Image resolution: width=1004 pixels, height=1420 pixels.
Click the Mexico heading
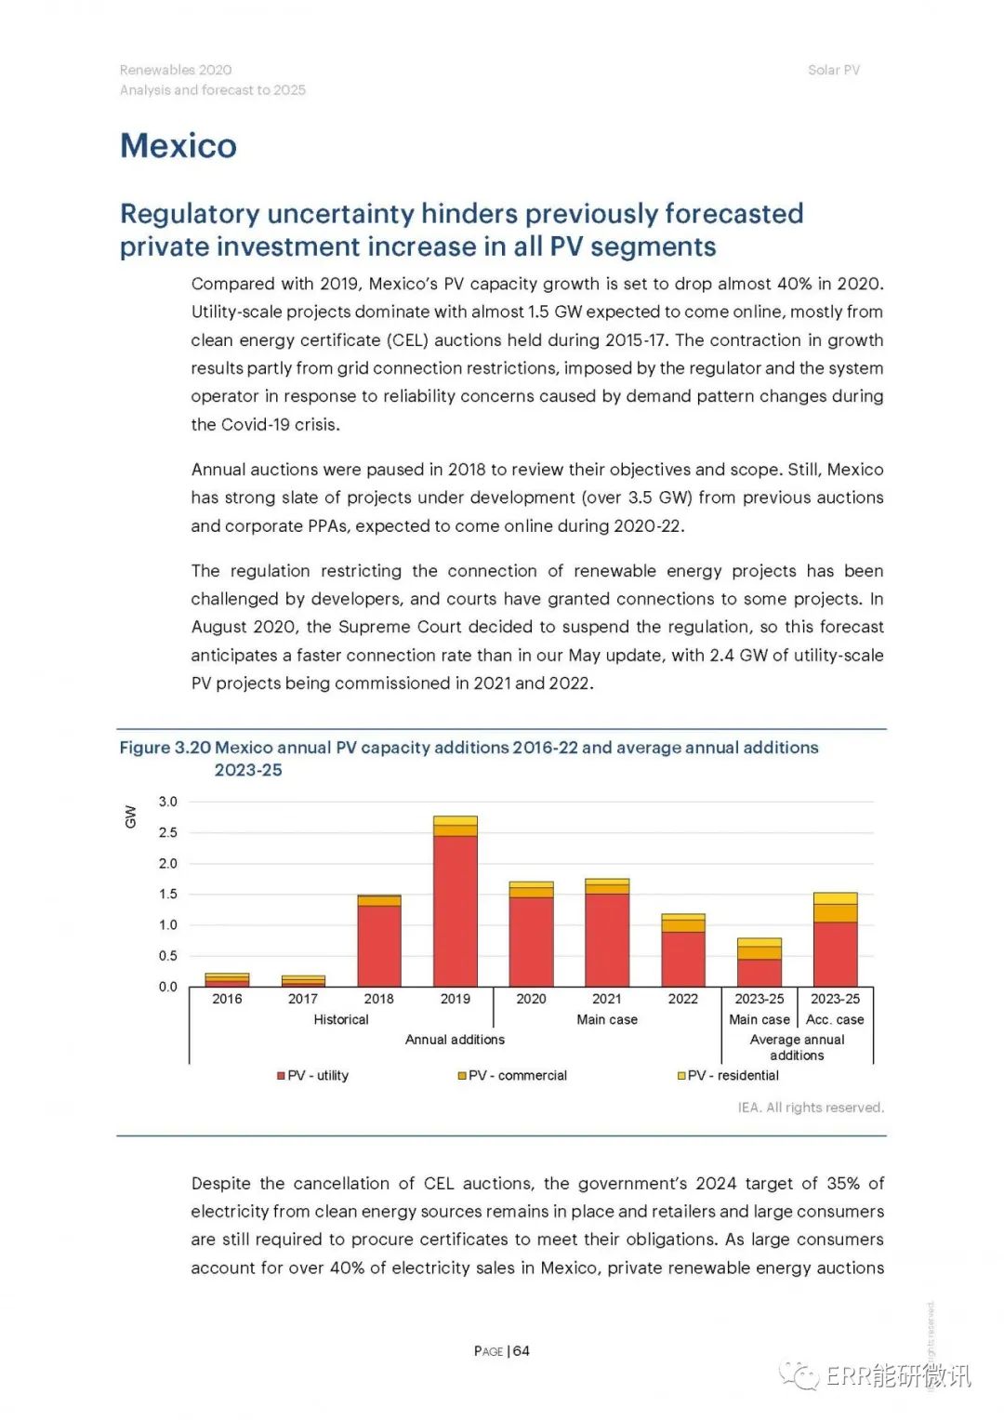(178, 146)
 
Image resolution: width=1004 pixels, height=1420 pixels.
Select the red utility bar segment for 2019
(456, 911)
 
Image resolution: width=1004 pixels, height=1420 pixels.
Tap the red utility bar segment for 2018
(379, 946)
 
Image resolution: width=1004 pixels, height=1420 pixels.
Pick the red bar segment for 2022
(682, 959)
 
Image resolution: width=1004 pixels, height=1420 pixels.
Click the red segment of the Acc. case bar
(835, 954)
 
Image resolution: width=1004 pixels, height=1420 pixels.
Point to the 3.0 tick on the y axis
(168, 802)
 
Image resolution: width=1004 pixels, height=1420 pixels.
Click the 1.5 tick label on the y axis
(168, 895)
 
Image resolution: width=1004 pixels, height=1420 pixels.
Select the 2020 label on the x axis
(531, 999)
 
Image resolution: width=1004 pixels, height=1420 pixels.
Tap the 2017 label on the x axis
(302, 999)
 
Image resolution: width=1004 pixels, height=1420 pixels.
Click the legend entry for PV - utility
(313, 1076)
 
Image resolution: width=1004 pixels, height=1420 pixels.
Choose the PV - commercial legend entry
(512, 1076)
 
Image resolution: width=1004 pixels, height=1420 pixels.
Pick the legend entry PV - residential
(728, 1076)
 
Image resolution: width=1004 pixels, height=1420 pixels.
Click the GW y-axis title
(130, 816)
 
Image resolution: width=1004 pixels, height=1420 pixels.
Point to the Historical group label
(341, 1019)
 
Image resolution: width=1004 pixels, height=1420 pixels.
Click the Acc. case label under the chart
(835, 1019)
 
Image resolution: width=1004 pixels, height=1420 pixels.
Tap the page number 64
(521, 1351)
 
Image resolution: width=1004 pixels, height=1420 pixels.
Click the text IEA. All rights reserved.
(811, 1108)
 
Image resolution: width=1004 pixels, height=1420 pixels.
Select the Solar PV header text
(834, 70)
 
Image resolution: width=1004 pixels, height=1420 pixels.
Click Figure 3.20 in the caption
(165, 748)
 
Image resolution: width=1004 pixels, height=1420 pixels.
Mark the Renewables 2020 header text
(176, 70)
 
